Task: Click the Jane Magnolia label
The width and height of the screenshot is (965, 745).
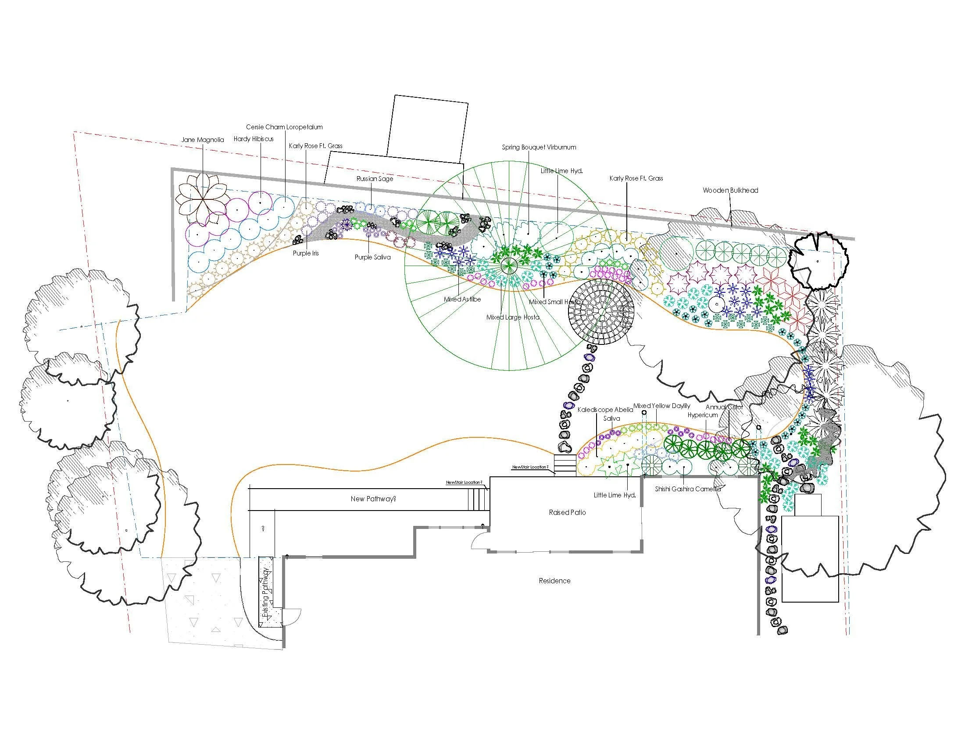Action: pyautogui.click(x=202, y=140)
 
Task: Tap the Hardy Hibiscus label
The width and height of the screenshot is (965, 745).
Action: pyautogui.click(x=254, y=139)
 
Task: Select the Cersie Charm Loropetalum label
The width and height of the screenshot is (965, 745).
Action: pyautogui.click(x=284, y=127)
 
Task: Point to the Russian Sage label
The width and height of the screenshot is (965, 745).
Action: pyautogui.click(x=375, y=179)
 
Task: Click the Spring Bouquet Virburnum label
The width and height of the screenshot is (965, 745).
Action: pyautogui.click(x=539, y=147)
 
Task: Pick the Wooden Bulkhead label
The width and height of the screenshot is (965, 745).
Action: pyautogui.click(x=730, y=191)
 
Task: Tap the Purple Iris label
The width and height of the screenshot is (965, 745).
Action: pyautogui.click(x=305, y=254)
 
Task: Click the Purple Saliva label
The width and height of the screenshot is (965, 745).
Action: pyautogui.click(x=372, y=257)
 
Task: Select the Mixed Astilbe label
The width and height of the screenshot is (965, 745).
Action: pyautogui.click(x=462, y=299)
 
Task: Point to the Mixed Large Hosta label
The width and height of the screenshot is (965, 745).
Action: pyautogui.click(x=512, y=317)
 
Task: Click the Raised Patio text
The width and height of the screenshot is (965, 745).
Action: pyautogui.click(x=567, y=512)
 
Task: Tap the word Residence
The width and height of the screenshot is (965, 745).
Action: pyautogui.click(x=554, y=581)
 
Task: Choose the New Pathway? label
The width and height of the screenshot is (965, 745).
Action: pyautogui.click(x=373, y=499)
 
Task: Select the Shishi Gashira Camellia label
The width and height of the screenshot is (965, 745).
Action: pyautogui.click(x=687, y=489)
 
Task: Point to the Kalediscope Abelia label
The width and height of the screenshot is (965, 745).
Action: pyautogui.click(x=605, y=410)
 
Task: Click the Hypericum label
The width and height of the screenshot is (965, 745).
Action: pyautogui.click(x=703, y=415)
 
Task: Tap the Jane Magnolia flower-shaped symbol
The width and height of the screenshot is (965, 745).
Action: pyautogui.click(x=202, y=199)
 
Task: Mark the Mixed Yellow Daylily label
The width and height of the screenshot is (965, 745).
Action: pyautogui.click(x=661, y=406)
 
